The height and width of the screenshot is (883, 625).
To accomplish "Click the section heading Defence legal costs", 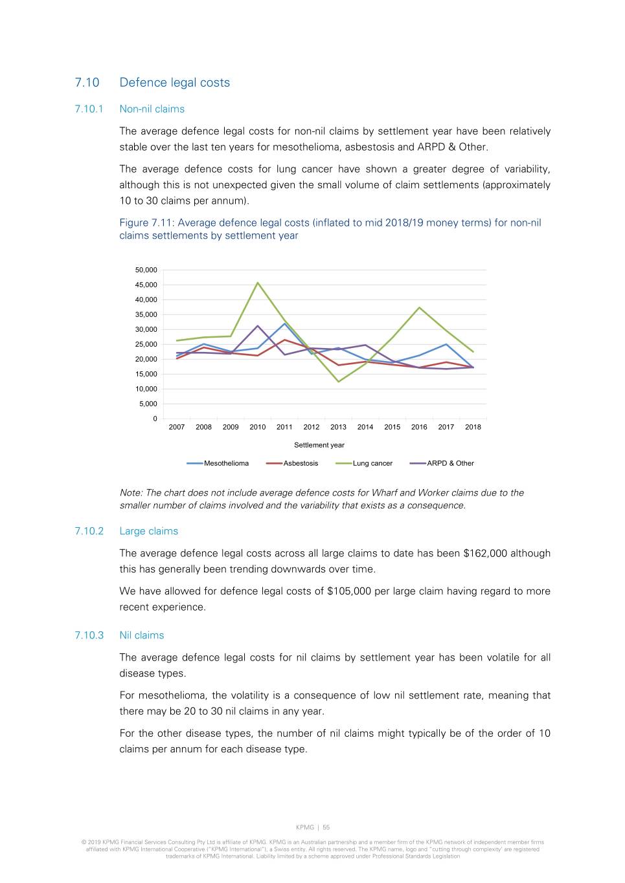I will [174, 83].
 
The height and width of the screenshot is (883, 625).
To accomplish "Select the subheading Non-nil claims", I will [152, 109].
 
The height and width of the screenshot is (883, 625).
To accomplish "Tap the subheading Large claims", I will [148, 531].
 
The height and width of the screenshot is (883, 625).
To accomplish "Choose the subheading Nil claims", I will [141, 635].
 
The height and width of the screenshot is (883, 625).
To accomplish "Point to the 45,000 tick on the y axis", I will [146, 285].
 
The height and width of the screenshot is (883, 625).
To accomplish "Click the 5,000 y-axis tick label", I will [148, 404].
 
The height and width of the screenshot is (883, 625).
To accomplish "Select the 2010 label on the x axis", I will [258, 427].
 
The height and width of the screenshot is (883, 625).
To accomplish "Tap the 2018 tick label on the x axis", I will [473, 427].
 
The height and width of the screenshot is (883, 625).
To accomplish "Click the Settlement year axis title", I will [319, 445].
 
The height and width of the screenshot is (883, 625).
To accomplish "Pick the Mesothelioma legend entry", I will [226, 463].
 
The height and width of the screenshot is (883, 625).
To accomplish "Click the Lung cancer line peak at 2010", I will [258, 283].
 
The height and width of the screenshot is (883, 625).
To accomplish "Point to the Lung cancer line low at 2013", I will [338, 382].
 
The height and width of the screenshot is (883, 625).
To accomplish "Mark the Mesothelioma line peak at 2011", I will [284, 323].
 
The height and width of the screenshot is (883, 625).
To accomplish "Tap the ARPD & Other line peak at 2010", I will [258, 326].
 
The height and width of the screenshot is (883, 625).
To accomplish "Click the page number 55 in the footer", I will [326, 827].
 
